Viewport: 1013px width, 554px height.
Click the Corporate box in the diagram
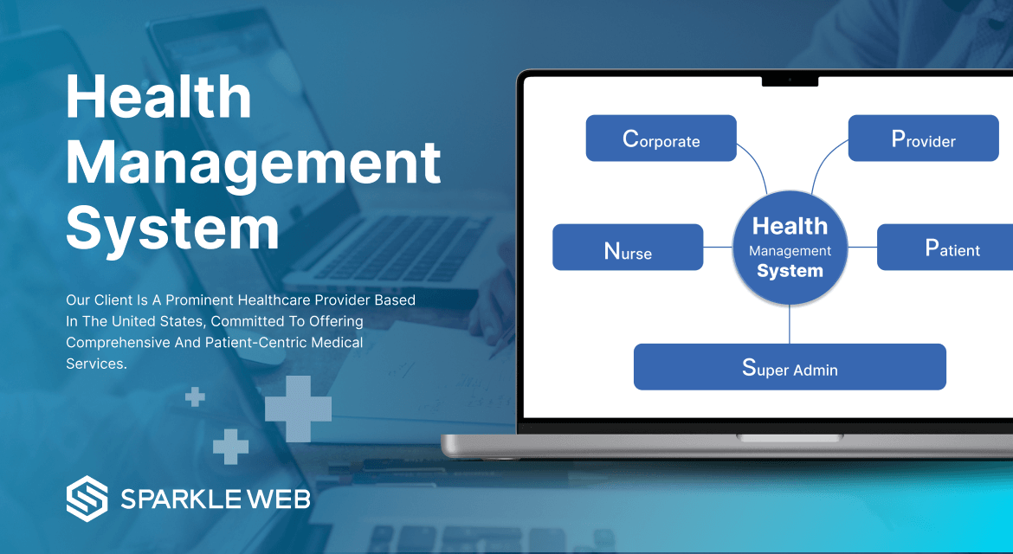click(x=661, y=138)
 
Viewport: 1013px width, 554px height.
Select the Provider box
click(x=923, y=138)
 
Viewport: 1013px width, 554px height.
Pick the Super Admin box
click(x=790, y=367)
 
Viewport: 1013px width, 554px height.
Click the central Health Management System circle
click(x=790, y=248)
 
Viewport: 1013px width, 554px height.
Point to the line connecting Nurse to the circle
click(x=718, y=248)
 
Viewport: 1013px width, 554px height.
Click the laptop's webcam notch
click(x=790, y=81)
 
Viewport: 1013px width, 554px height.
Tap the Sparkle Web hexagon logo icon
click(x=87, y=499)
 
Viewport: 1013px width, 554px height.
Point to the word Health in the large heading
click(x=158, y=97)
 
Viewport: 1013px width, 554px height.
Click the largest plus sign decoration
click(x=299, y=409)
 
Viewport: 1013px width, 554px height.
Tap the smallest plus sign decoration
click(x=196, y=397)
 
